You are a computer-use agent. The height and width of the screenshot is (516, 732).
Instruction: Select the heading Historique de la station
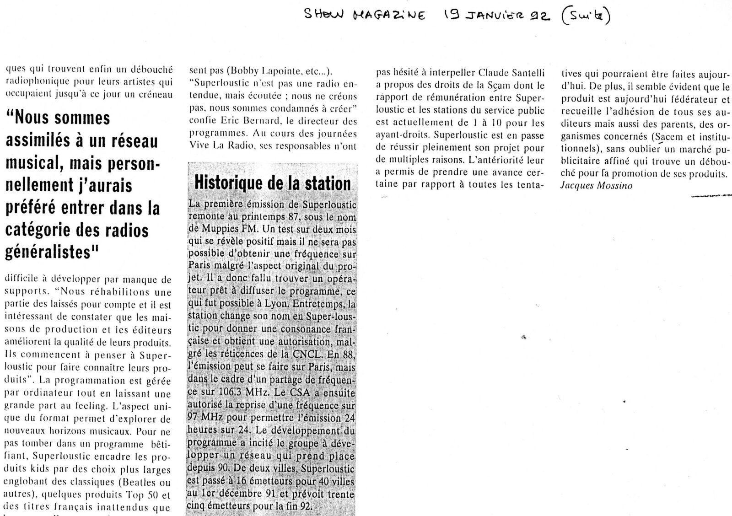[273, 183]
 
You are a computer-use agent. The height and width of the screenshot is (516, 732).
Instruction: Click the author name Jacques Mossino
[596, 186]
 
